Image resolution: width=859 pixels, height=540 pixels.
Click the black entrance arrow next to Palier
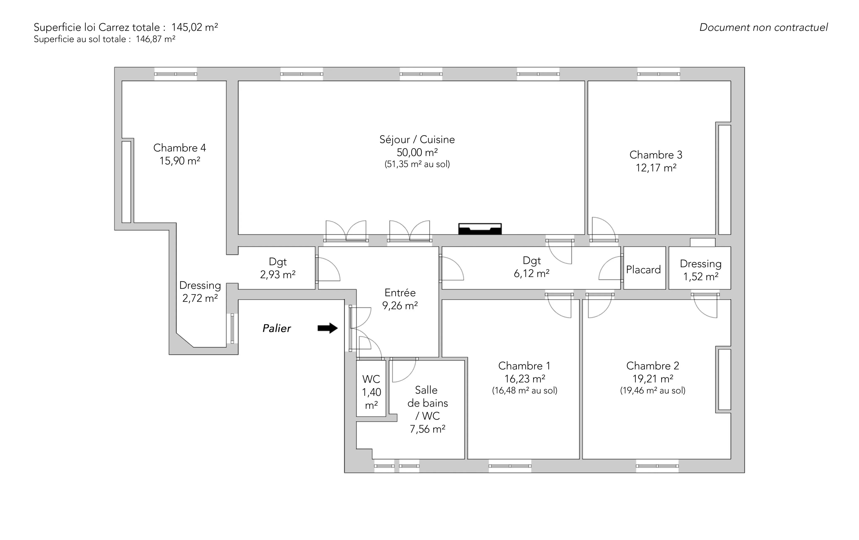(328, 328)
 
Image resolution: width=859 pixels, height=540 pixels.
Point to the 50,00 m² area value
(417, 152)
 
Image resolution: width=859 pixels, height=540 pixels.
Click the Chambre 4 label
(180, 148)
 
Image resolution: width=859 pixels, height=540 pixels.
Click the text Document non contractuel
(763, 28)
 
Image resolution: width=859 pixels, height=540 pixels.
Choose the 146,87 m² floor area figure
(156, 39)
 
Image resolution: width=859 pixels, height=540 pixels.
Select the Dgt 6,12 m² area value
(531, 274)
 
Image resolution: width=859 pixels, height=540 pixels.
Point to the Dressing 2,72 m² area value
(200, 298)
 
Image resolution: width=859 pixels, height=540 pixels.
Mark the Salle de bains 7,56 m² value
(427, 429)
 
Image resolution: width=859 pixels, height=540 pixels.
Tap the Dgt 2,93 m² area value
(277, 275)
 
